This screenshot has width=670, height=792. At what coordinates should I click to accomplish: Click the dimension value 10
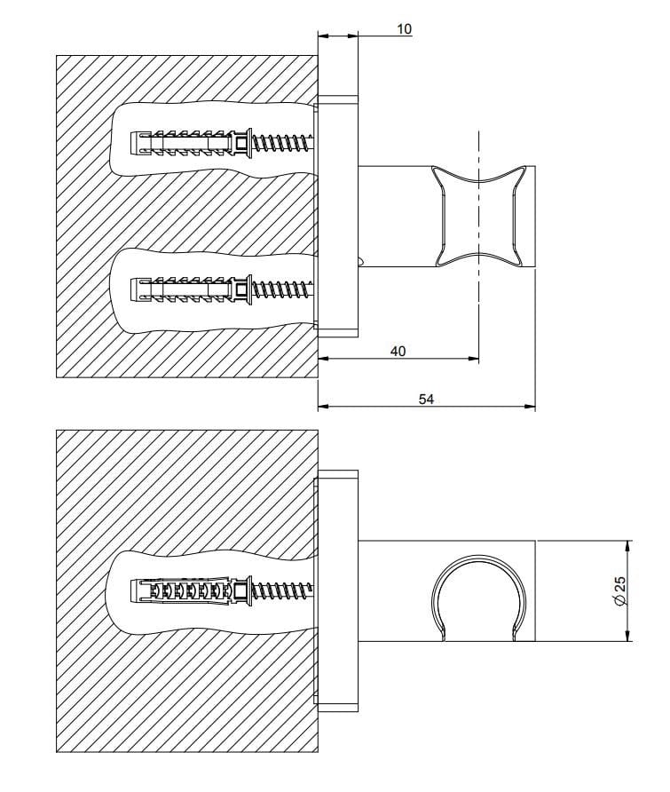pyautogui.click(x=404, y=29)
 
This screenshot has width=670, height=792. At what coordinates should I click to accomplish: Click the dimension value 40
pyautogui.click(x=398, y=352)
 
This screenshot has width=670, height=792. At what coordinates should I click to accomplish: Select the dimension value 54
pyautogui.click(x=426, y=400)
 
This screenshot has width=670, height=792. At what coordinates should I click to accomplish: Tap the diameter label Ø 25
pyautogui.click(x=620, y=590)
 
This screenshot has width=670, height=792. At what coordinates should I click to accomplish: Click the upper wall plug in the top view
pyautogui.click(x=182, y=142)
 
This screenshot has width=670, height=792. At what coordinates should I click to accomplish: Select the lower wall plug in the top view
pyautogui.click(x=182, y=289)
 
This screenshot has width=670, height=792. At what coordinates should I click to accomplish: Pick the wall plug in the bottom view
pyautogui.click(x=182, y=590)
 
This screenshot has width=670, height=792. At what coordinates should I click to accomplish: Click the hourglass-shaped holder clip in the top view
pyautogui.click(x=479, y=216)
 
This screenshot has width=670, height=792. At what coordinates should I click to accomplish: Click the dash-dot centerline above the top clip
pyautogui.click(x=479, y=147)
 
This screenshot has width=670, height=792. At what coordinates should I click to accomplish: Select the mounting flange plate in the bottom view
pyautogui.click(x=338, y=590)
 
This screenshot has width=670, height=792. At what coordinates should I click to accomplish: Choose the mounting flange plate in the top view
pyautogui.click(x=338, y=217)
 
